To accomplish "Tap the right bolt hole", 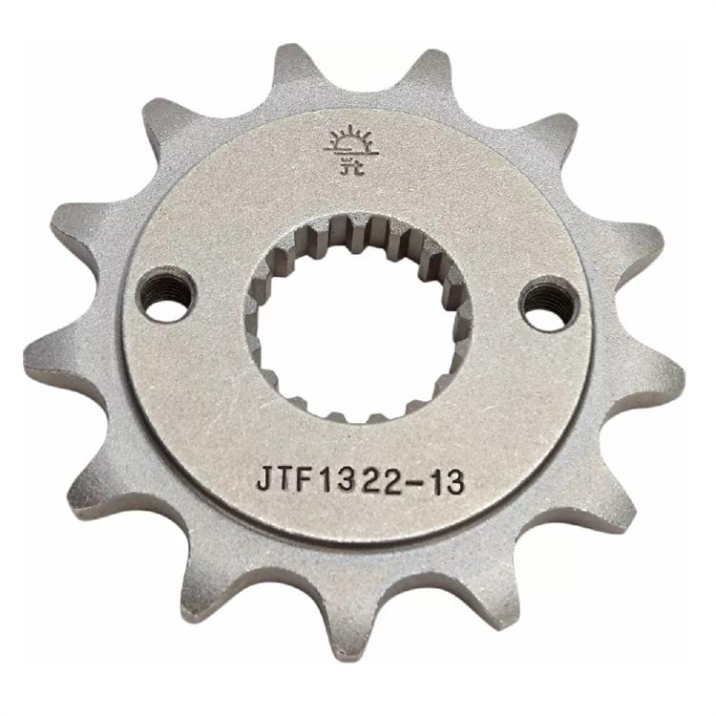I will [550, 302].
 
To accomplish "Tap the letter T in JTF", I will [284, 480].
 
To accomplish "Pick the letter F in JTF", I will [305, 480].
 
